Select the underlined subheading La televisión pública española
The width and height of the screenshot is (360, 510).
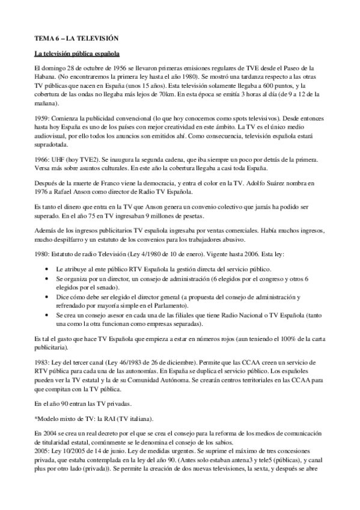tap(72, 54)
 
